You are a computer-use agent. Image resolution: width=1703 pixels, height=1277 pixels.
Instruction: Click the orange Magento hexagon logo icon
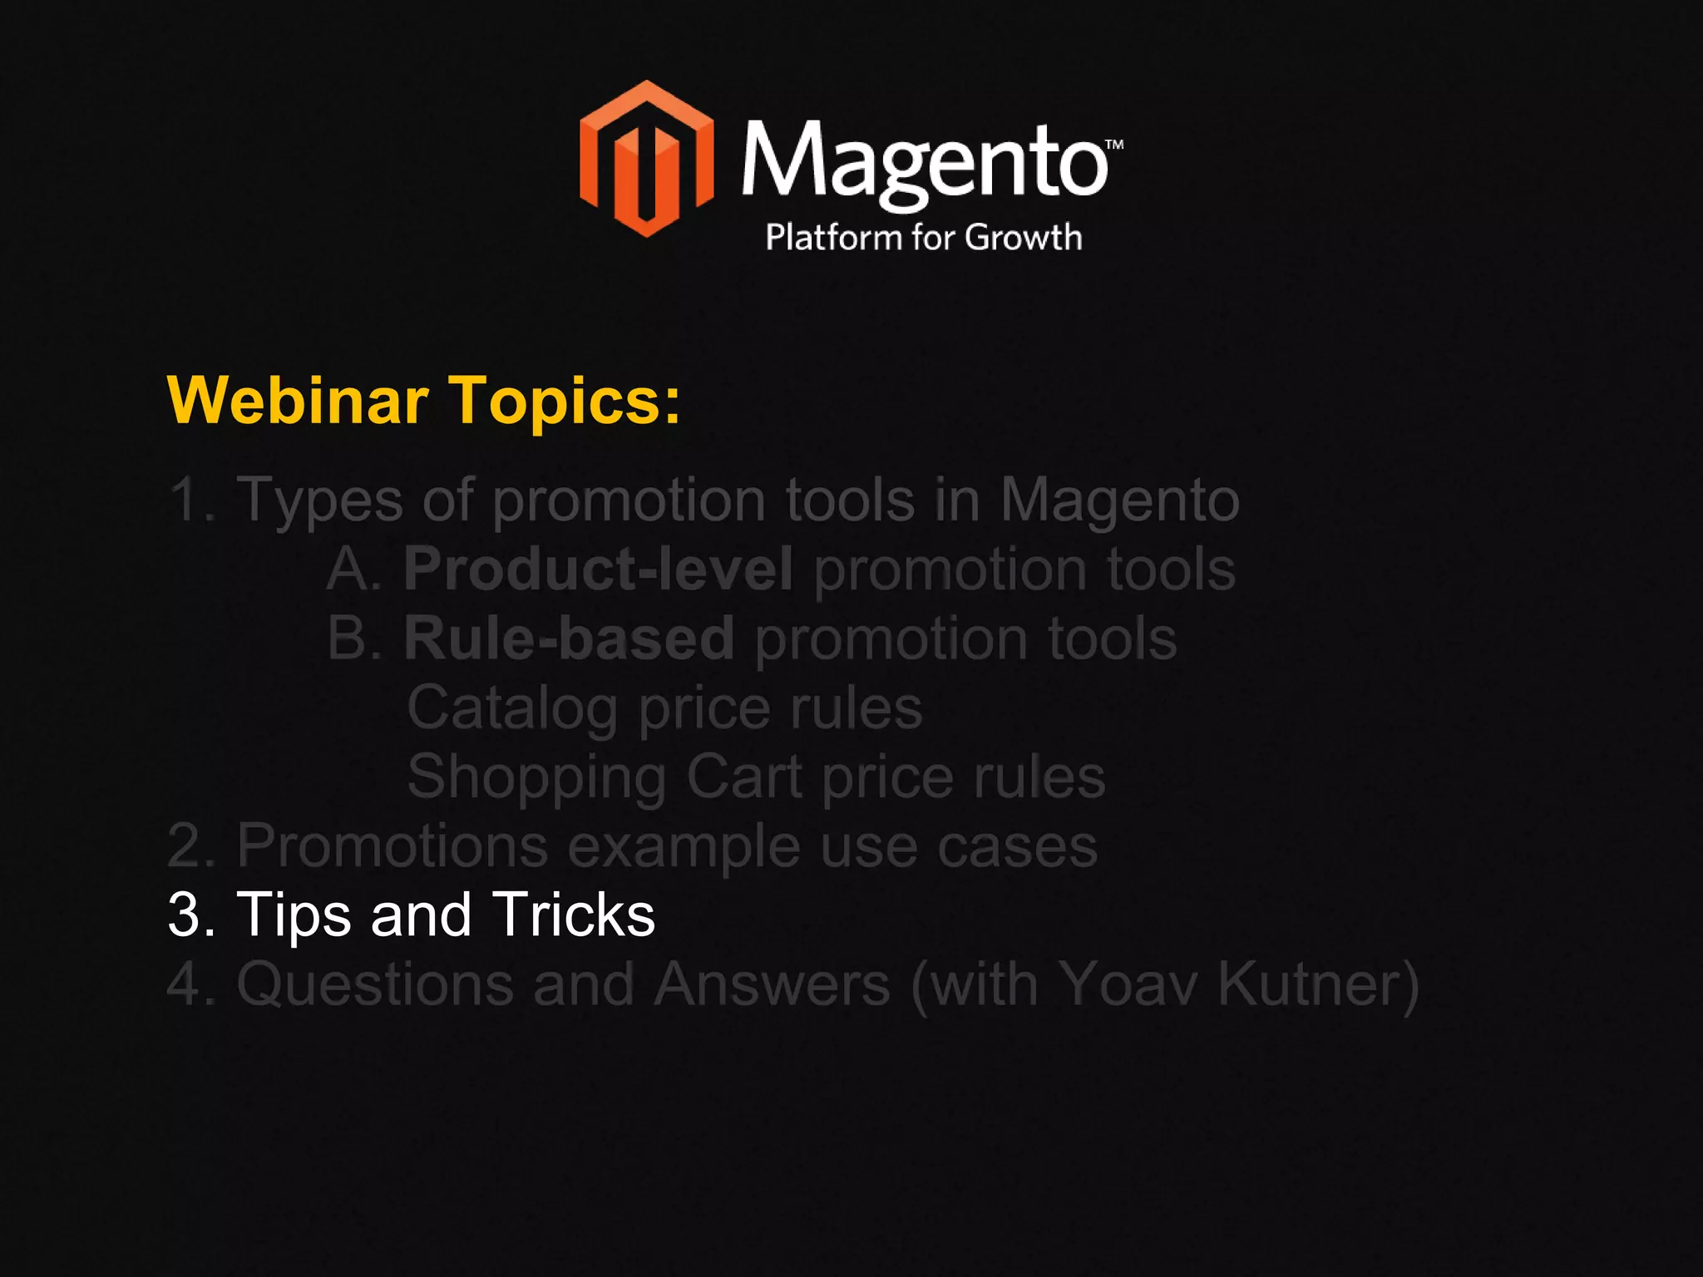(x=646, y=159)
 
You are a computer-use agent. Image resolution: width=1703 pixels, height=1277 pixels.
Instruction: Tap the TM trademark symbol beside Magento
(x=1114, y=144)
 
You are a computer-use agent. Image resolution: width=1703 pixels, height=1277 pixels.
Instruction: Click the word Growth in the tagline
(x=1024, y=237)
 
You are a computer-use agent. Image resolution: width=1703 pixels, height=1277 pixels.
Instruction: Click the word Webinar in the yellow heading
(x=298, y=400)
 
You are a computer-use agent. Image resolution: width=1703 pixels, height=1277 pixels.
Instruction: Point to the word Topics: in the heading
(x=565, y=402)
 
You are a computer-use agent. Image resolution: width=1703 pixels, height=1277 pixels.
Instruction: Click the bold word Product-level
(x=598, y=569)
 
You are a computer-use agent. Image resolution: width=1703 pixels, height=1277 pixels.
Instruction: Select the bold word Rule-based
(x=569, y=638)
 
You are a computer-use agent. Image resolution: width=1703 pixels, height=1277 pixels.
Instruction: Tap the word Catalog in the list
(x=511, y=708)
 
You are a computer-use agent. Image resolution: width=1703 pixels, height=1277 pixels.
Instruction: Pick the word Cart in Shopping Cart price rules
(x=744, y=777)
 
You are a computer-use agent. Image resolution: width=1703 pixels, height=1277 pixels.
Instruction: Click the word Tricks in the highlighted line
(x=573, y=915)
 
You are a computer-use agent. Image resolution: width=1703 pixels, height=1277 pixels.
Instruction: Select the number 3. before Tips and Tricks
(x=191, y=915)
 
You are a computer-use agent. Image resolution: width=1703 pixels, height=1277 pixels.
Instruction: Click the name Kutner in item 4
(x=1319, y=984)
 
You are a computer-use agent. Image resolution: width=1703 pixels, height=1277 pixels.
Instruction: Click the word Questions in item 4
(x=375, y=984)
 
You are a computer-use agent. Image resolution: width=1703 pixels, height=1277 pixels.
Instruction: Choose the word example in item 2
(x=684, y=846)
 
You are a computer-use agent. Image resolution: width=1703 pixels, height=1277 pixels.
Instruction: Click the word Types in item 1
(x=320, y=501)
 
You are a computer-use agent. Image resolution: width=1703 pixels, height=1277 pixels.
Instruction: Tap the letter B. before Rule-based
(x=353, y=638)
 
